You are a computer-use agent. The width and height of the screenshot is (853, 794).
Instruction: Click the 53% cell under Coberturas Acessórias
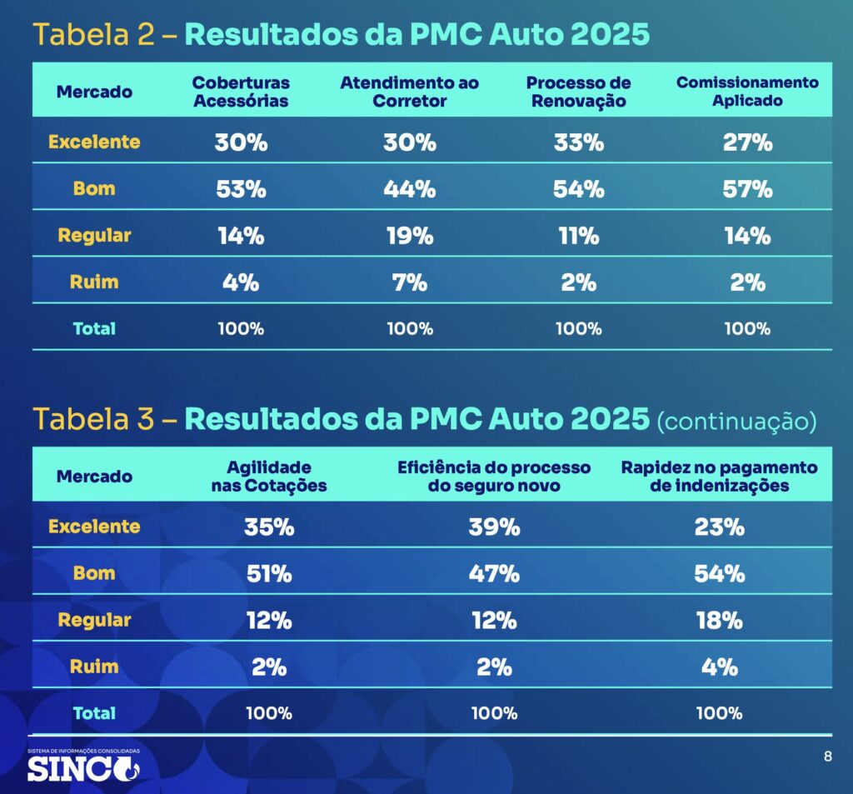(x=241, y=189)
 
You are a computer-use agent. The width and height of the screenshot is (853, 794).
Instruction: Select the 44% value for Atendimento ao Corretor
(x=410, y=189)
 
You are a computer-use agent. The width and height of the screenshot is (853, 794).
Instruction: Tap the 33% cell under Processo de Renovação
(x=578, y=142)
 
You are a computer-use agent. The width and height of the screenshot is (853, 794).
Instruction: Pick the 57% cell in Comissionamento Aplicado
(x=747, y=189)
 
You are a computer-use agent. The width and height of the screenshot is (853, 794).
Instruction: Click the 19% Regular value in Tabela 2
(x=410, y=236)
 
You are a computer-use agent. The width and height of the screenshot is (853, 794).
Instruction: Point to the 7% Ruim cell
(x=410, y=282)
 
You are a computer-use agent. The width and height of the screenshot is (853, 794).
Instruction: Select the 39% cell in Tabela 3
(x=494, y=527)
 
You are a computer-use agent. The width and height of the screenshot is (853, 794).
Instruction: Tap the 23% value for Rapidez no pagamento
(x=719, y=527)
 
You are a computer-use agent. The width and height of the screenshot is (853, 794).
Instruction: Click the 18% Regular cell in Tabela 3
(x=719, y=621)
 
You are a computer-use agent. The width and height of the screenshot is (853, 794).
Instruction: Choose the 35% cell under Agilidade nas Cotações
(x=269, y=527)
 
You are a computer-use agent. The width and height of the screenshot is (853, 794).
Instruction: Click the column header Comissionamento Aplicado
(x=747, y=92)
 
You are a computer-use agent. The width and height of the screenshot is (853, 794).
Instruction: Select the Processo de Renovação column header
(x=578, y=92)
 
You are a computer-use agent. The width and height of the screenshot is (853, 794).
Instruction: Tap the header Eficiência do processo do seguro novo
(x=494, y=477)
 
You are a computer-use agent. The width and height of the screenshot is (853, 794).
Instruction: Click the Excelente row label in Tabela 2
(x=94, y=142)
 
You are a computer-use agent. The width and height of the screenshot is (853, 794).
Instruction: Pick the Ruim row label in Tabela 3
(x=94, y=667)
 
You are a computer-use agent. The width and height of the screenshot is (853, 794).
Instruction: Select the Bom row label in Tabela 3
(x=94, y=574)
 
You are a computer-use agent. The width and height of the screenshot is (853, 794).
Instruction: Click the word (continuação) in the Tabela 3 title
(x=736, y=422)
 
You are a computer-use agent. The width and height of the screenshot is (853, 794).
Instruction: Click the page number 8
(x=827, y=757)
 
